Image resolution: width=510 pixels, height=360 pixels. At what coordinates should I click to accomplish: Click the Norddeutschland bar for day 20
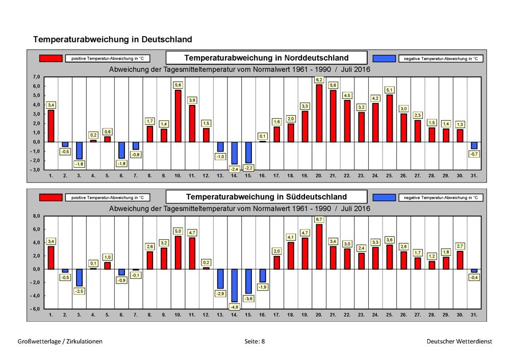319,113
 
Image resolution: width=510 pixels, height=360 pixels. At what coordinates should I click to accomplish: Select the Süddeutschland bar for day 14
234,286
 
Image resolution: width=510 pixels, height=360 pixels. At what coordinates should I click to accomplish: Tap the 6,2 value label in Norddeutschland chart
319,80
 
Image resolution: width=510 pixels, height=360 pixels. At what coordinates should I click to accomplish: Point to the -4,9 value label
234,307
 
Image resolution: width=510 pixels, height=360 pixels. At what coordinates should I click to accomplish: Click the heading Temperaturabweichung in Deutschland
113,39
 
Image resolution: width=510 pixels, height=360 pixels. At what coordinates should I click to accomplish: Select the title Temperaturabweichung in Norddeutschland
266,58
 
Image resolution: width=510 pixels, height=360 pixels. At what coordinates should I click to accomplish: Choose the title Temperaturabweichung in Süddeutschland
266,197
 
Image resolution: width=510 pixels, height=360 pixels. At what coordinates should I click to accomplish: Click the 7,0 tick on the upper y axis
36,77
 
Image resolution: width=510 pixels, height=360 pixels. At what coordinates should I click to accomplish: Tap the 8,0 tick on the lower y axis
36,216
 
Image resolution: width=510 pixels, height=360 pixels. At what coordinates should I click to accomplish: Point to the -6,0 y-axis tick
35,308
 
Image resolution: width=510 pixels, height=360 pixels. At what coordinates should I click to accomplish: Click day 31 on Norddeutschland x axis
474,175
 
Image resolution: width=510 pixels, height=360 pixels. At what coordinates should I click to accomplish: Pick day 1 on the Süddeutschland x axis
50,315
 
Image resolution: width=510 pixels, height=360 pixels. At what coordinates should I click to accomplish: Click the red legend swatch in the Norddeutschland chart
50,58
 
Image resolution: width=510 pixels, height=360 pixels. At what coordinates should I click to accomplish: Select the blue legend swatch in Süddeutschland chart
384,197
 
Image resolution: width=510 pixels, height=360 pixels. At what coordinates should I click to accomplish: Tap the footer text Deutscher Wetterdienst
460,342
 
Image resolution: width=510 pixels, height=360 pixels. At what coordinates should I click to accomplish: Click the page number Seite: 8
254,342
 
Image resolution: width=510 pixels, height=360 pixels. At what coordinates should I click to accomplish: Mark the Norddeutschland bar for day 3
79,150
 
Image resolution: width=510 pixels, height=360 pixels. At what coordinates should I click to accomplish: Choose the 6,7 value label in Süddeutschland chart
319,219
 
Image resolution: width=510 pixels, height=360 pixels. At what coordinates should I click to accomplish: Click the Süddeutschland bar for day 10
178,252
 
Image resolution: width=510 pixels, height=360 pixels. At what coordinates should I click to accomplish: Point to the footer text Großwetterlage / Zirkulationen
60,342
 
